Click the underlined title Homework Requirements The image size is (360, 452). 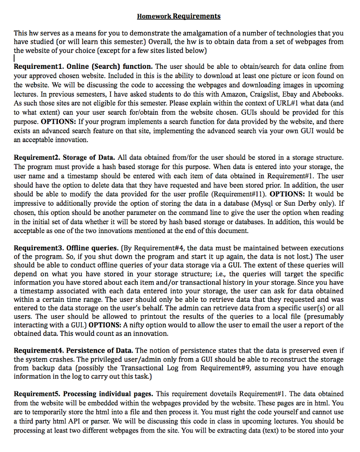point(178,16)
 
